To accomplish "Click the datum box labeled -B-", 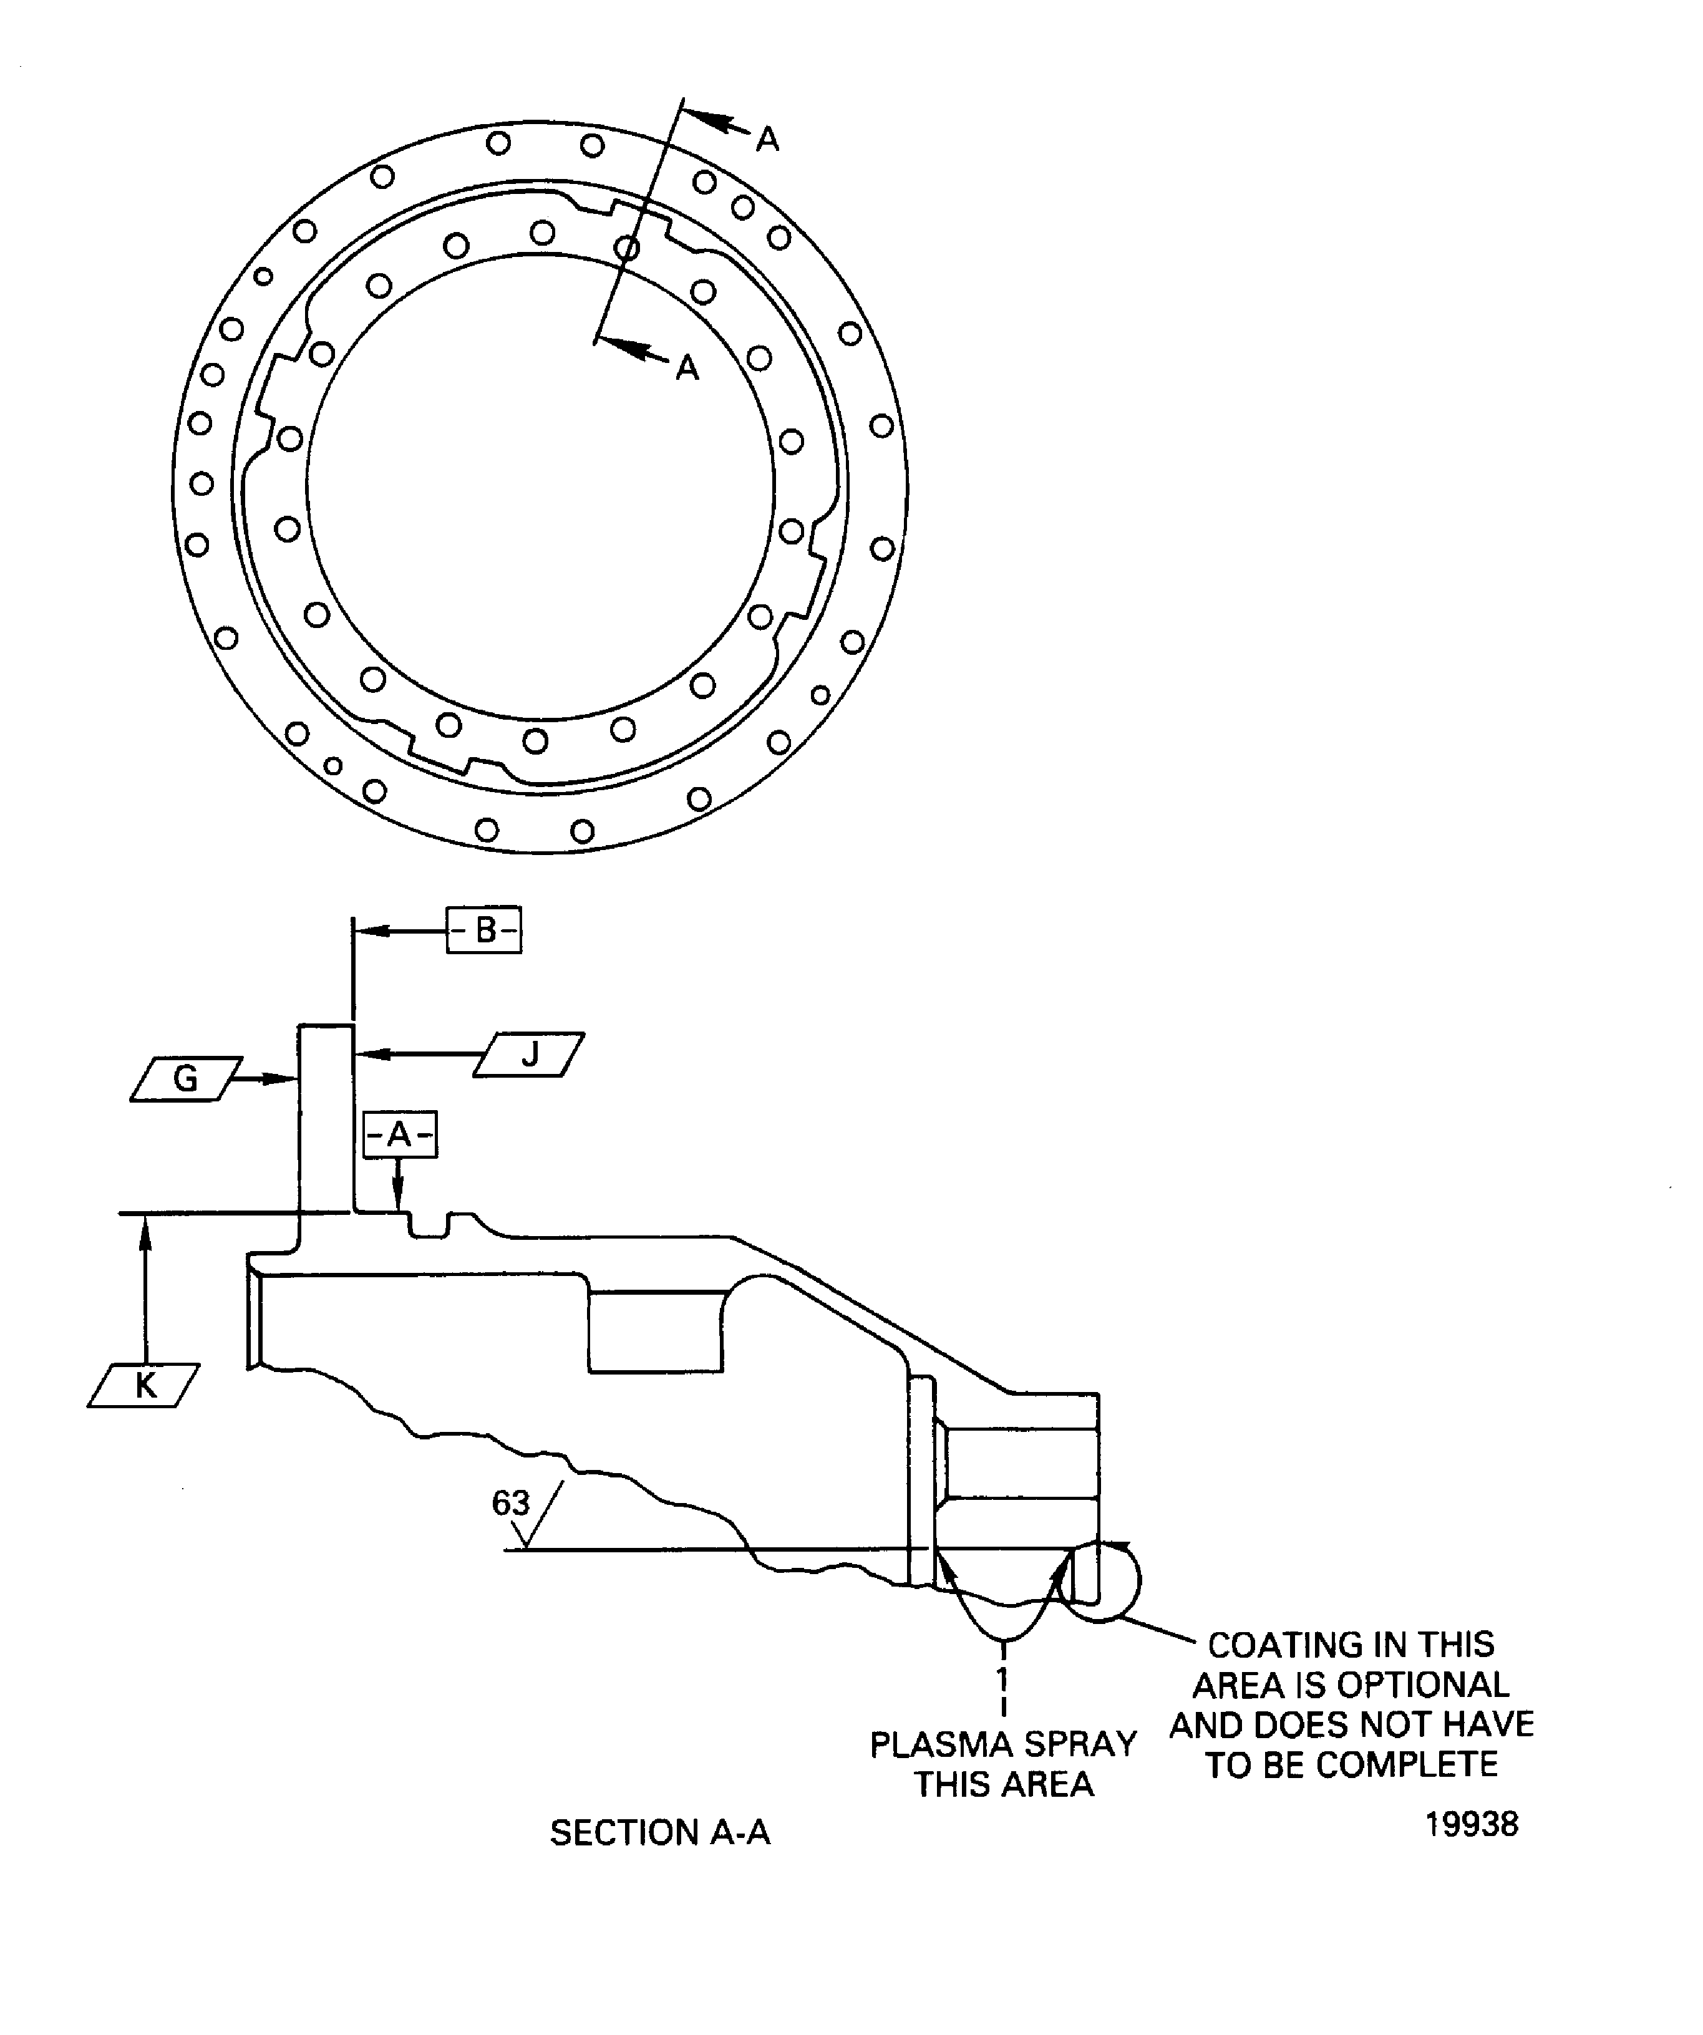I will (x=483, y=930).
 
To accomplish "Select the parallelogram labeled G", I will (x=185, y=1078).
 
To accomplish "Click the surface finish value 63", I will (x=511, y=1503).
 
